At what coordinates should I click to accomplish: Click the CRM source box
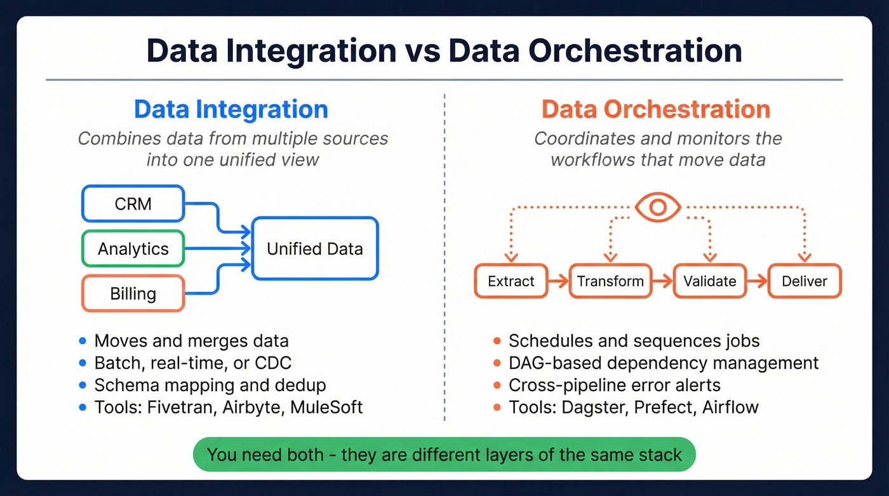tap(133, 204)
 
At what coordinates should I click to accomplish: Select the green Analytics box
tap(133, 248)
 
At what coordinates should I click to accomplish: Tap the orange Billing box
tap(133, 293)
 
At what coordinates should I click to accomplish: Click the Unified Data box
tap(315, 248)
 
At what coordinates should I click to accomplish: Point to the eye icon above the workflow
tap(658, 207)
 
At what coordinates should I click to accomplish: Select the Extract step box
tap(511, 281)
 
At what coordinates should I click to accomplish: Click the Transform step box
tap(610, 281)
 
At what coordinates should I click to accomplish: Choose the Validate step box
tap(709, 281)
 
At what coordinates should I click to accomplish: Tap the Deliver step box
tap(805, 281)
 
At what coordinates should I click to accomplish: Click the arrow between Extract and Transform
tap(558, 281)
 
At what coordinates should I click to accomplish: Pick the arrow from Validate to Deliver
tap(756, 281)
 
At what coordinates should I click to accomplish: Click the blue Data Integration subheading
tap(231, 109)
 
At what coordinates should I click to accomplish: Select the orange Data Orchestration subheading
tap(656, 109)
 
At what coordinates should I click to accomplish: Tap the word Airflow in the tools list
tap(730, 407)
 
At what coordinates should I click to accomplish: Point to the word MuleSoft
tap(326, 407)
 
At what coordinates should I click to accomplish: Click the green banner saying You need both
tap(444, 455)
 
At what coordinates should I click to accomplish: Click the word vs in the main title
tap(422, 51)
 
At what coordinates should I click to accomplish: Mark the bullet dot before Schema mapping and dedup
tap(82, 385)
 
